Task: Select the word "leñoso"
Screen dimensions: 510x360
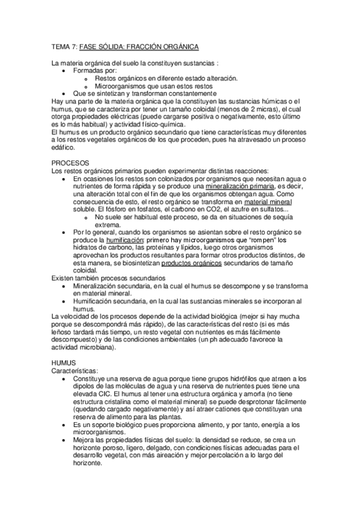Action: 64,332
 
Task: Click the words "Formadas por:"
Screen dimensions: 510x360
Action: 94,70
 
